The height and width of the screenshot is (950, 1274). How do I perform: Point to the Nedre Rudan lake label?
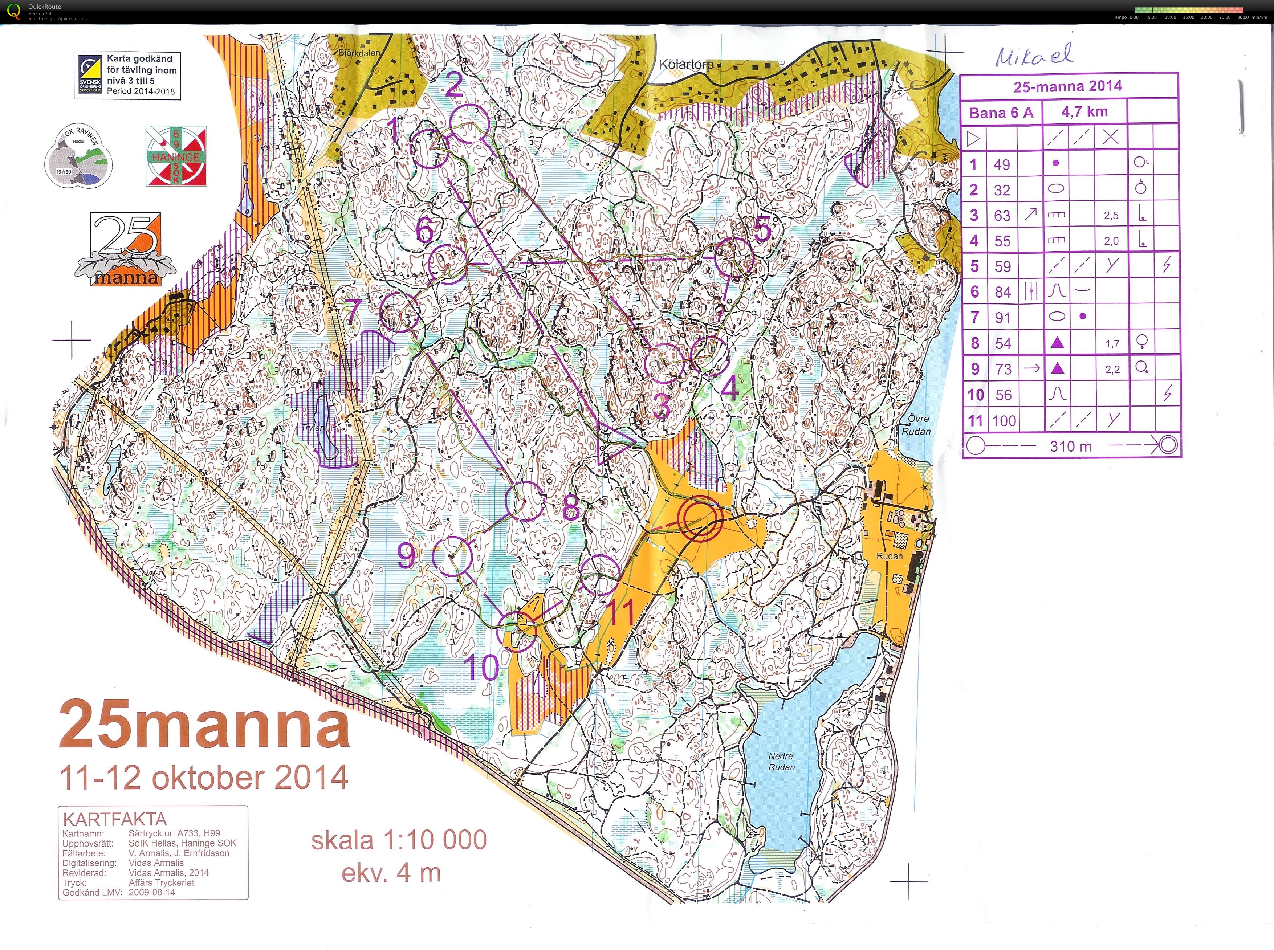(x=781, y=761)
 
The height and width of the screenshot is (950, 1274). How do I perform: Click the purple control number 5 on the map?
(x=763, y=230)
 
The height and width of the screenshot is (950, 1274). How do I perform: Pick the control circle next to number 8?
(x=524, y=501)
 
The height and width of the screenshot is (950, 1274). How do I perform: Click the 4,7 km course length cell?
(x=1084, y=111)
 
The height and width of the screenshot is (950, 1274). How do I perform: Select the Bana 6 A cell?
(x=1001, y=113)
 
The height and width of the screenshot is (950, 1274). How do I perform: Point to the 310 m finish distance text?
(x=1070, y=446)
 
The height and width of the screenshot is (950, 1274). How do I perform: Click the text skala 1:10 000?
(x=399, y=840)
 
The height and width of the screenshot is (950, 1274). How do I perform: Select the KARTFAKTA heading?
(x=114, y=819)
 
